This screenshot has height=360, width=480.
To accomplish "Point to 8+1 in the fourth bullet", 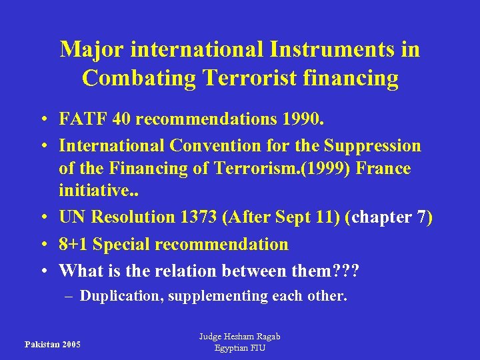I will [x=73, y=245].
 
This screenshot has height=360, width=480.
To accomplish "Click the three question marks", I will [x=345, y=270].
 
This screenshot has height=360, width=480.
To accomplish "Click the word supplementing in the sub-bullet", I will [x=220, y=296].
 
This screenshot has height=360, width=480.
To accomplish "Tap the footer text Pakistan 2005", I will [x=52, y=345].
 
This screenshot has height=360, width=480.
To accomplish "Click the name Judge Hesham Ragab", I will [x=240, y=337].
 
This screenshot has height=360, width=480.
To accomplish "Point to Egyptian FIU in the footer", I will [x=240, y=348].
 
